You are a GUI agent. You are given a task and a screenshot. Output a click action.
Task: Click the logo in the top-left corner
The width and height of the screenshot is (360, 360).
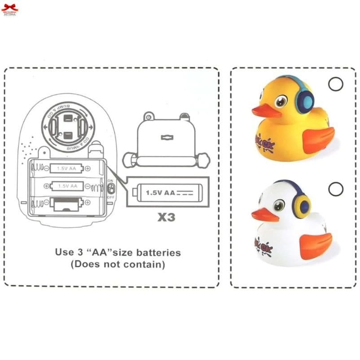click(x=9, y=10)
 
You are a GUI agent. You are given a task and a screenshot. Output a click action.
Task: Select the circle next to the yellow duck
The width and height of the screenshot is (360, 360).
click(x=335, y=84)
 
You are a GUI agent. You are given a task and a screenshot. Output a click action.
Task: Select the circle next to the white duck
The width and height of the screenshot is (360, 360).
click(x=335, y=189)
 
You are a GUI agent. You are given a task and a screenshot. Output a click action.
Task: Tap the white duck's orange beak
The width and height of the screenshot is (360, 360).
click(x=264, y=215)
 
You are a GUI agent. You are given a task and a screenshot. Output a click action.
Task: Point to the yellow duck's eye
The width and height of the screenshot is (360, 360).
click(x=281, y=101)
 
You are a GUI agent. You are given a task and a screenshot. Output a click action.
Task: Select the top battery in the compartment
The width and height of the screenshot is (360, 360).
click(x=66, y=168)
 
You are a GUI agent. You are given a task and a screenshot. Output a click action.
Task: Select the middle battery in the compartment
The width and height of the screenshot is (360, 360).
click(x=66, y=186)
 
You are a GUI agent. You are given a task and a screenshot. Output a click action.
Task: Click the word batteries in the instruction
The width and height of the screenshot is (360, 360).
click(x=158, y=252)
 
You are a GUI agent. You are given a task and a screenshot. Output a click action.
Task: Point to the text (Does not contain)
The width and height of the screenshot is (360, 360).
click(x=118, y=265)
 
